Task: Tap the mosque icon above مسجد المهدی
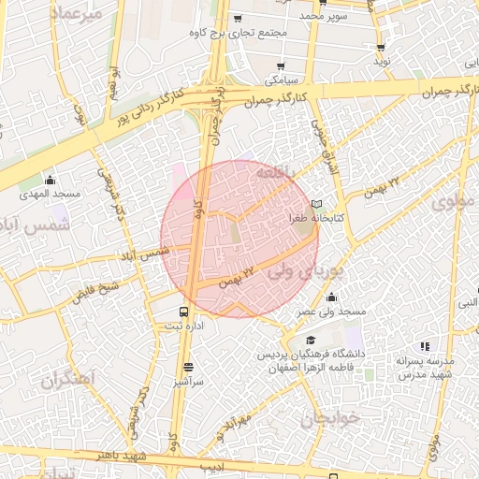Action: point(50,180)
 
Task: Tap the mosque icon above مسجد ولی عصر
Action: point(331,298)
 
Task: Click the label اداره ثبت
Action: point(184,327)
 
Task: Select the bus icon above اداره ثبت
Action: point(182,312)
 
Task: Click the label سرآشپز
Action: point(188,382)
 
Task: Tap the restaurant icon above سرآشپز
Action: point(189,367)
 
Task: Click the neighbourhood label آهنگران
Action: point(69,380)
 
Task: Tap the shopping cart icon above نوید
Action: point(380,48)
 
